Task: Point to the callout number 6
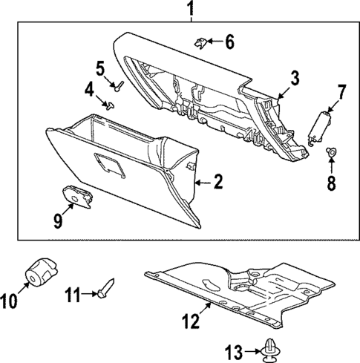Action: point(229,42)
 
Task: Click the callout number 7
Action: point(342,91)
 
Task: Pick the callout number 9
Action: point(56,220)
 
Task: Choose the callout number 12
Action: point(191,322)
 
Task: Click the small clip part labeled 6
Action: point(201,42)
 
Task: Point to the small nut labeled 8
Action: point(331,152)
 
